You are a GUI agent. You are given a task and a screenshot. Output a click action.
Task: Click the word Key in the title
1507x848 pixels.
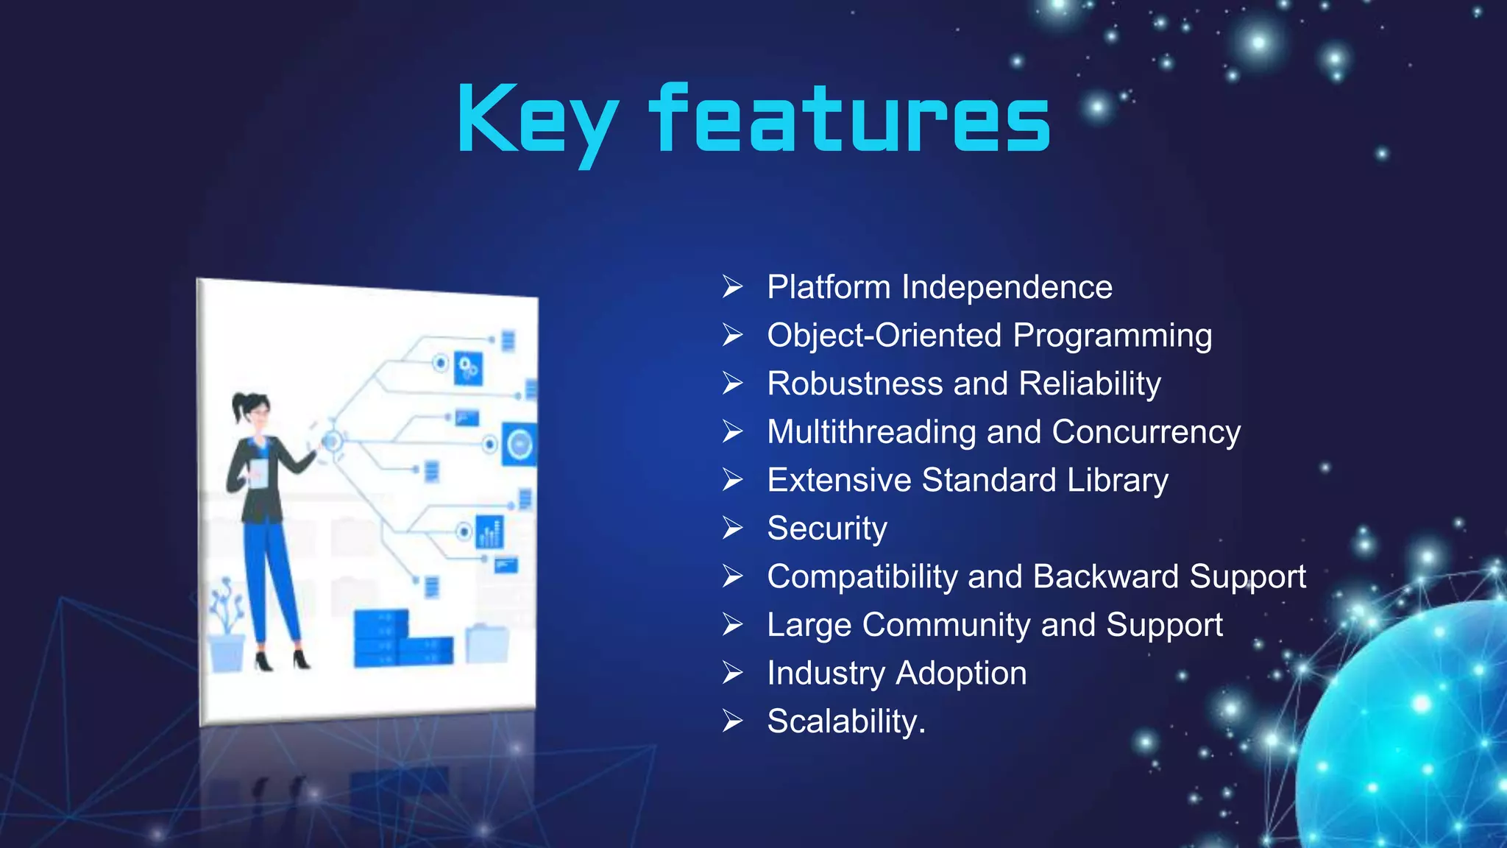[537, 121]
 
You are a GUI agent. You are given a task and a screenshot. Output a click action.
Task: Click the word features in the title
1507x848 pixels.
[850, 120]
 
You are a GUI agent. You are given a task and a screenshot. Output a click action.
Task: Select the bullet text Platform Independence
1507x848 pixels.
[939, 287]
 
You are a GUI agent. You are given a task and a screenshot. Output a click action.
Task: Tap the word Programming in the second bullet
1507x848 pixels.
[1112, 336]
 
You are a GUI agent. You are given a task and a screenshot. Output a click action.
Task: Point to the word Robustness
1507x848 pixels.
[855, 384]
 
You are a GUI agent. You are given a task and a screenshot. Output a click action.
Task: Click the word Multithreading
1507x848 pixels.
[871, 432]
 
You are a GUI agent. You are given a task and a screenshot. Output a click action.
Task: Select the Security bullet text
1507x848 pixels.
[827, 529]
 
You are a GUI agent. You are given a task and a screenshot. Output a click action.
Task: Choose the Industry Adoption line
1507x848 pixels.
[896, 673]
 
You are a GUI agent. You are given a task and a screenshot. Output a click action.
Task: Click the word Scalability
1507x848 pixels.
[845, 721]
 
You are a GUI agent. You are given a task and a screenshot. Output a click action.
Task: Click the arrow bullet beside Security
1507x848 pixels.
[732, 528]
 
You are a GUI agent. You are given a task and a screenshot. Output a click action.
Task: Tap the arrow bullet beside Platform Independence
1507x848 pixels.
[732, 286]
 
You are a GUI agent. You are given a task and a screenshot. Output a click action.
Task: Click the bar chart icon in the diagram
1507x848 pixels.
[489, 531]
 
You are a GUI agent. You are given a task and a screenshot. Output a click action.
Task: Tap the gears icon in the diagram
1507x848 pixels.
[468, 368]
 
